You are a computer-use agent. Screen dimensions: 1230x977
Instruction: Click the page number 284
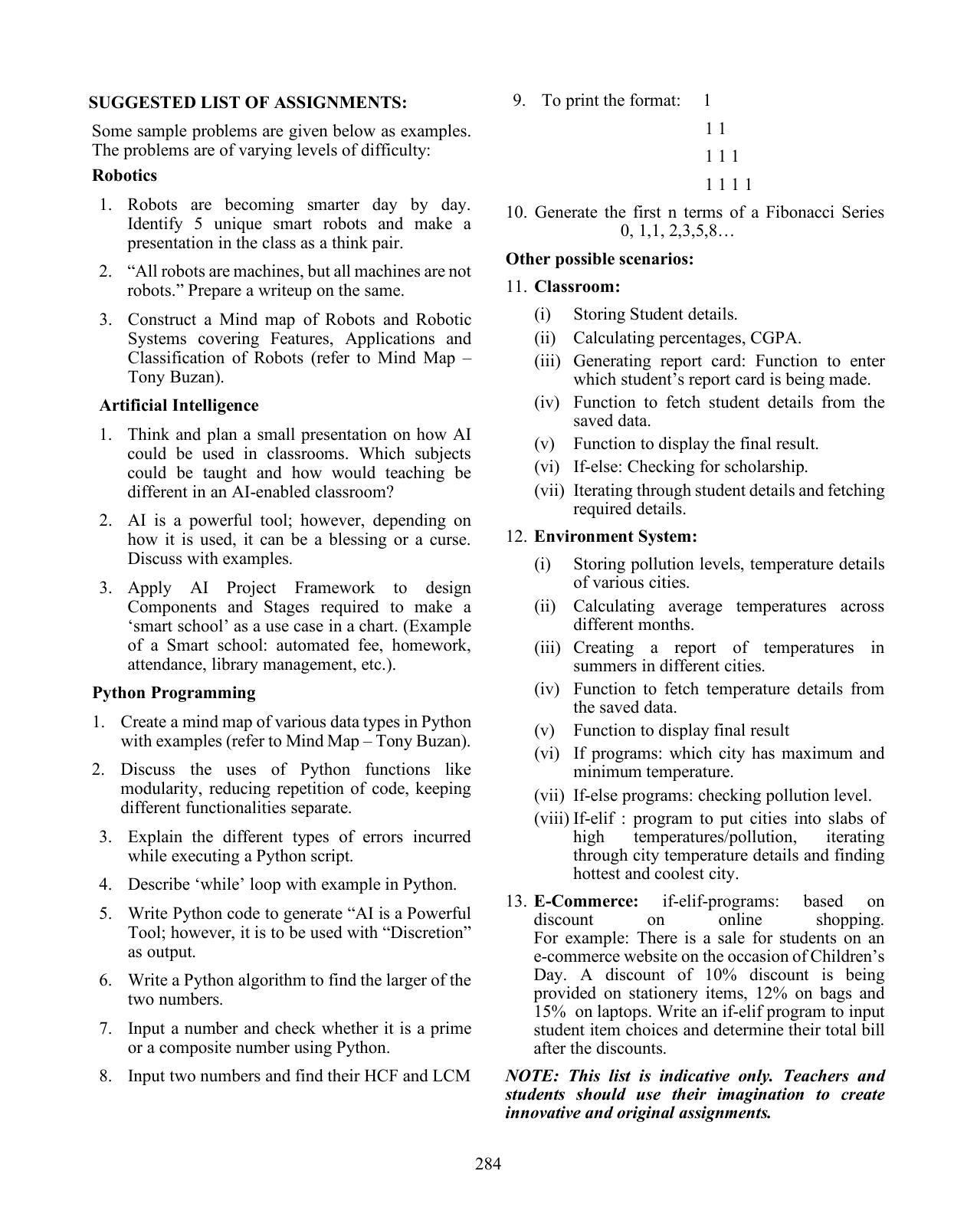click(x=488, y=1164)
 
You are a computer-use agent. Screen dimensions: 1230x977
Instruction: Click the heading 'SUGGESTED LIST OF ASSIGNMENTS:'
click(x=248, y=103)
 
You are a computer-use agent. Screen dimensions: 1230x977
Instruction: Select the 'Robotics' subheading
click(x=124, y=175)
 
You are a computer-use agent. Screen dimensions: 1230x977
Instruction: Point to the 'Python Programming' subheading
click(x=174, y=693)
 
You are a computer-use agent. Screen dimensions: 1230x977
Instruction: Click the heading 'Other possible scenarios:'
click(x=599, y=259)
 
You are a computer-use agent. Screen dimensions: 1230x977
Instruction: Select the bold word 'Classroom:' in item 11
click(x=577, y=287)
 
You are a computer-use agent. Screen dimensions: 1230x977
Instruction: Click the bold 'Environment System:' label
click(x=615, y=536)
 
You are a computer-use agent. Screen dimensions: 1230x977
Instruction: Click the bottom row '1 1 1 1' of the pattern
click(x=729, y=185)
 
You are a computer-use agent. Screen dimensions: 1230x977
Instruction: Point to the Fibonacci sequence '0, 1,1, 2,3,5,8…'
click(x=677, y=231)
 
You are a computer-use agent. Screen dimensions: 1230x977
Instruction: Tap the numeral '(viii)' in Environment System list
click(x=552, y=818)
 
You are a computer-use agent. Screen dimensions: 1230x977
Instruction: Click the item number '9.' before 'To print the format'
click(x=519, y=100)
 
